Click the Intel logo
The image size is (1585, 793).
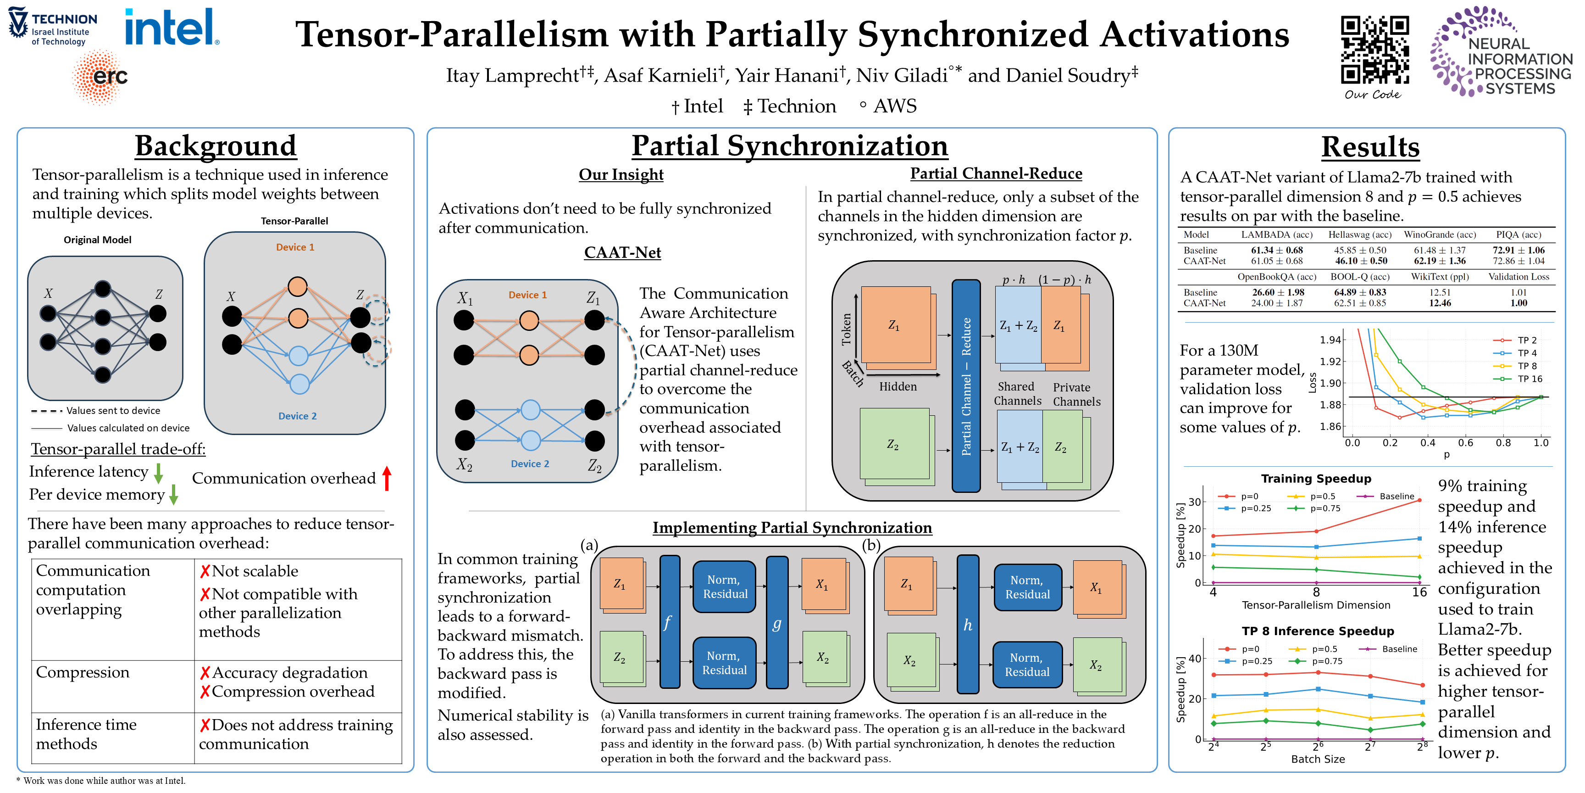172,27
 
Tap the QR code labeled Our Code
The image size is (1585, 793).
1374,49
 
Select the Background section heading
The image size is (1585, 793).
216,146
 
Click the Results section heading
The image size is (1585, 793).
1370,147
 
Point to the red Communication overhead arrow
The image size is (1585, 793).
387,478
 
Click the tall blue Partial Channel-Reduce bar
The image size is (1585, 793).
966,386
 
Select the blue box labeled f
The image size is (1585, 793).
669,622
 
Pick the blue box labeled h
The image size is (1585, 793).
967,624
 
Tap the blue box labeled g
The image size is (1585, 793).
777,622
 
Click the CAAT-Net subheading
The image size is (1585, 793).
622,252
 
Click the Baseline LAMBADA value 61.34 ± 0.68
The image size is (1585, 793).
1276,250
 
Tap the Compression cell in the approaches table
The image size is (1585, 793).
83,672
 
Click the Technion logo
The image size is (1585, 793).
52,26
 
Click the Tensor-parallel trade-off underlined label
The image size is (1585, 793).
118,449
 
